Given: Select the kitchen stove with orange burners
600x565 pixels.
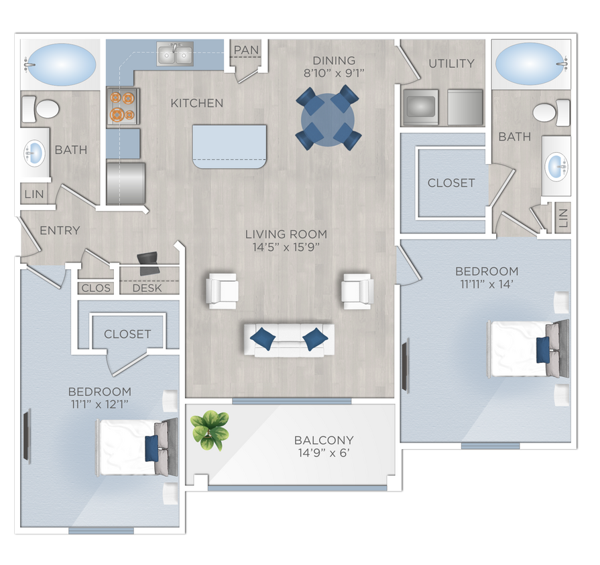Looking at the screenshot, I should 123,107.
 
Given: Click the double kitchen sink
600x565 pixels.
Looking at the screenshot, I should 175,54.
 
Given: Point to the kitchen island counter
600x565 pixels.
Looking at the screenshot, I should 229,147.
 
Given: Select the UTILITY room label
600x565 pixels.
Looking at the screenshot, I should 451,64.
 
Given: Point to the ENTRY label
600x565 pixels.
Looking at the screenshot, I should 60,230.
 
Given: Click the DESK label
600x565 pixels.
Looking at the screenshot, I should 147,289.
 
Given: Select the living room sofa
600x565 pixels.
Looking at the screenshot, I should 289,337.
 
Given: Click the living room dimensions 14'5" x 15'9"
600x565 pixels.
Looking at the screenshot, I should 286,248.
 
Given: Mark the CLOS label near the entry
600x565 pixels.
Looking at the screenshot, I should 95,289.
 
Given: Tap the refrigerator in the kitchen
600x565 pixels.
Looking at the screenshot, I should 126,183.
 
